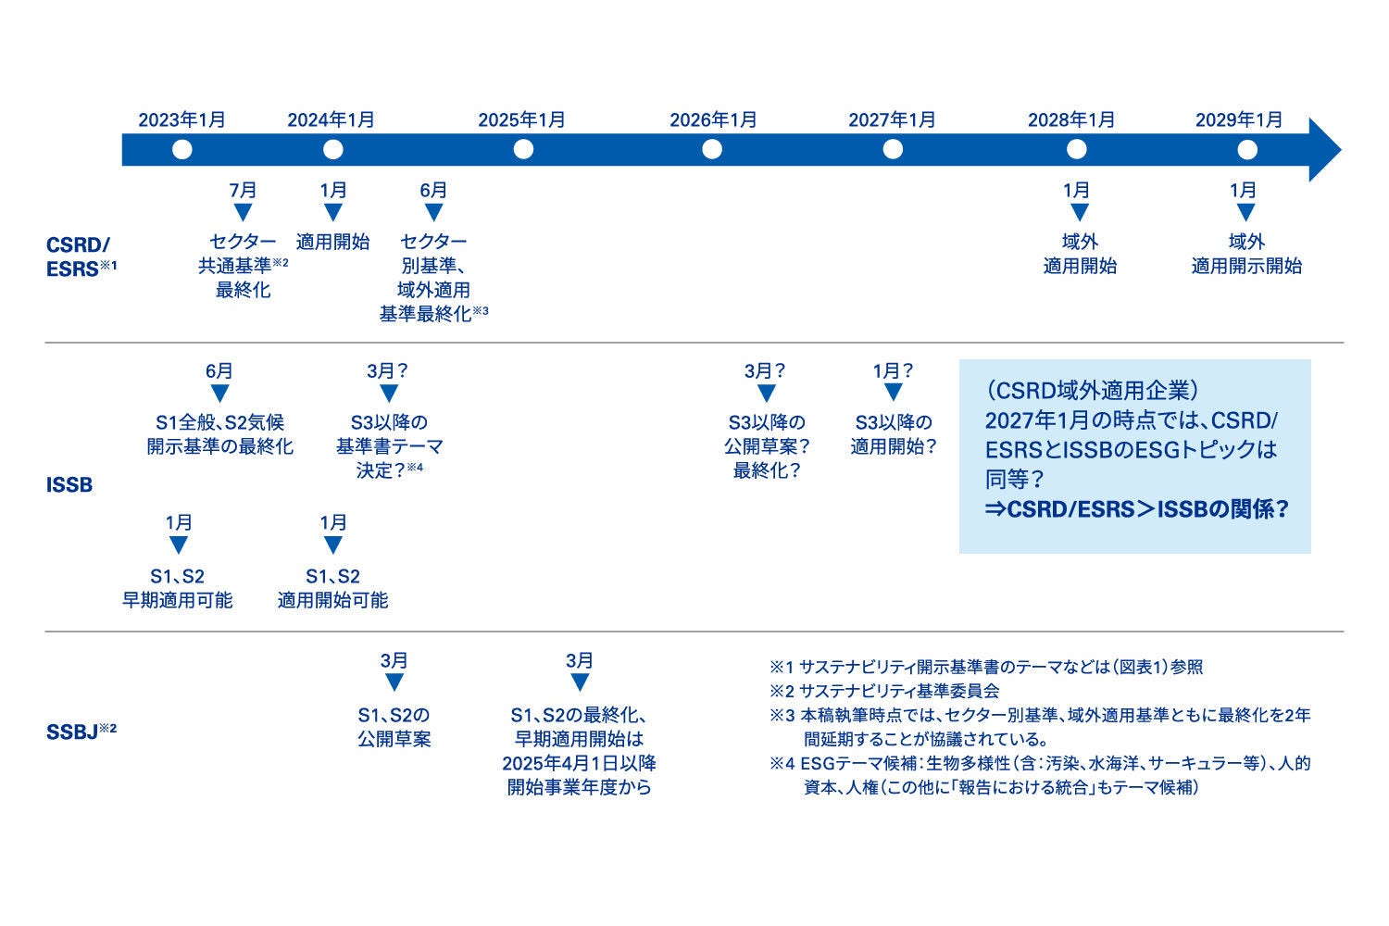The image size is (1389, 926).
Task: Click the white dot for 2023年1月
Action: (181, 149)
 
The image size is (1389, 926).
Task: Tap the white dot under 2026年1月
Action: (711, 149)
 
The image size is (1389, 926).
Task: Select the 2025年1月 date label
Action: (521, 120)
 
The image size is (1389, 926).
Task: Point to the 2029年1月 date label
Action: (1239, 120)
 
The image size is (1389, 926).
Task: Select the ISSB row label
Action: (69, 485)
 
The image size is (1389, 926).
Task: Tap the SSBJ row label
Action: (81, 732)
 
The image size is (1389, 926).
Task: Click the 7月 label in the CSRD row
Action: (243, 190)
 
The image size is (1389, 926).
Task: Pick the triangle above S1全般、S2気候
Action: (219, 394)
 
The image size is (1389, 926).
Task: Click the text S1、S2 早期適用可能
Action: (178, 588)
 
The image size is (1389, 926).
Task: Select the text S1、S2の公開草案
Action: (394, 727)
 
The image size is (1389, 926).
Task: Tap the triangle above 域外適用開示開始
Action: (1245, 213)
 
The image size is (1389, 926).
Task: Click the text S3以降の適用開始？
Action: (894, 433)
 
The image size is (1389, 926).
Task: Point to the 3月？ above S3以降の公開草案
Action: (765, 371)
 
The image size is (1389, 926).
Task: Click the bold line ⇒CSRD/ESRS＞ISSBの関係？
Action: (1136, 510)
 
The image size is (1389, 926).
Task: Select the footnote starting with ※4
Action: (1039, 775)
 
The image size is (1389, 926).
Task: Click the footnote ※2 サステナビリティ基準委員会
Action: (884, 691)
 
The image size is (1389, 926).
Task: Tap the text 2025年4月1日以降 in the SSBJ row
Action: (580, 763)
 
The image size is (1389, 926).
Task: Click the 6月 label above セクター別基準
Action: (433, 190)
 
